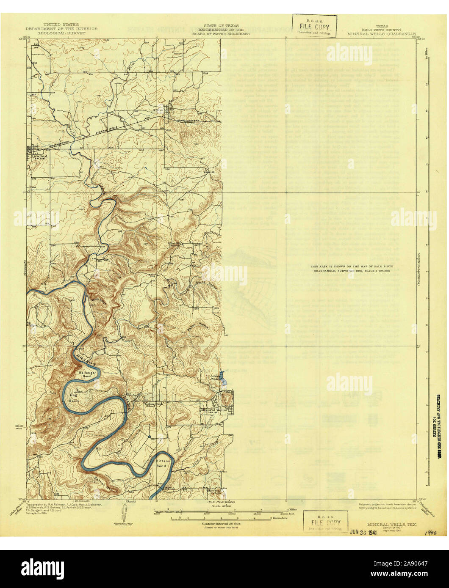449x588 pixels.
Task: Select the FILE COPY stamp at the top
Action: coord(314,25)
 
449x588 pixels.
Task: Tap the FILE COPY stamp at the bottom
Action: coord(325,521)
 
